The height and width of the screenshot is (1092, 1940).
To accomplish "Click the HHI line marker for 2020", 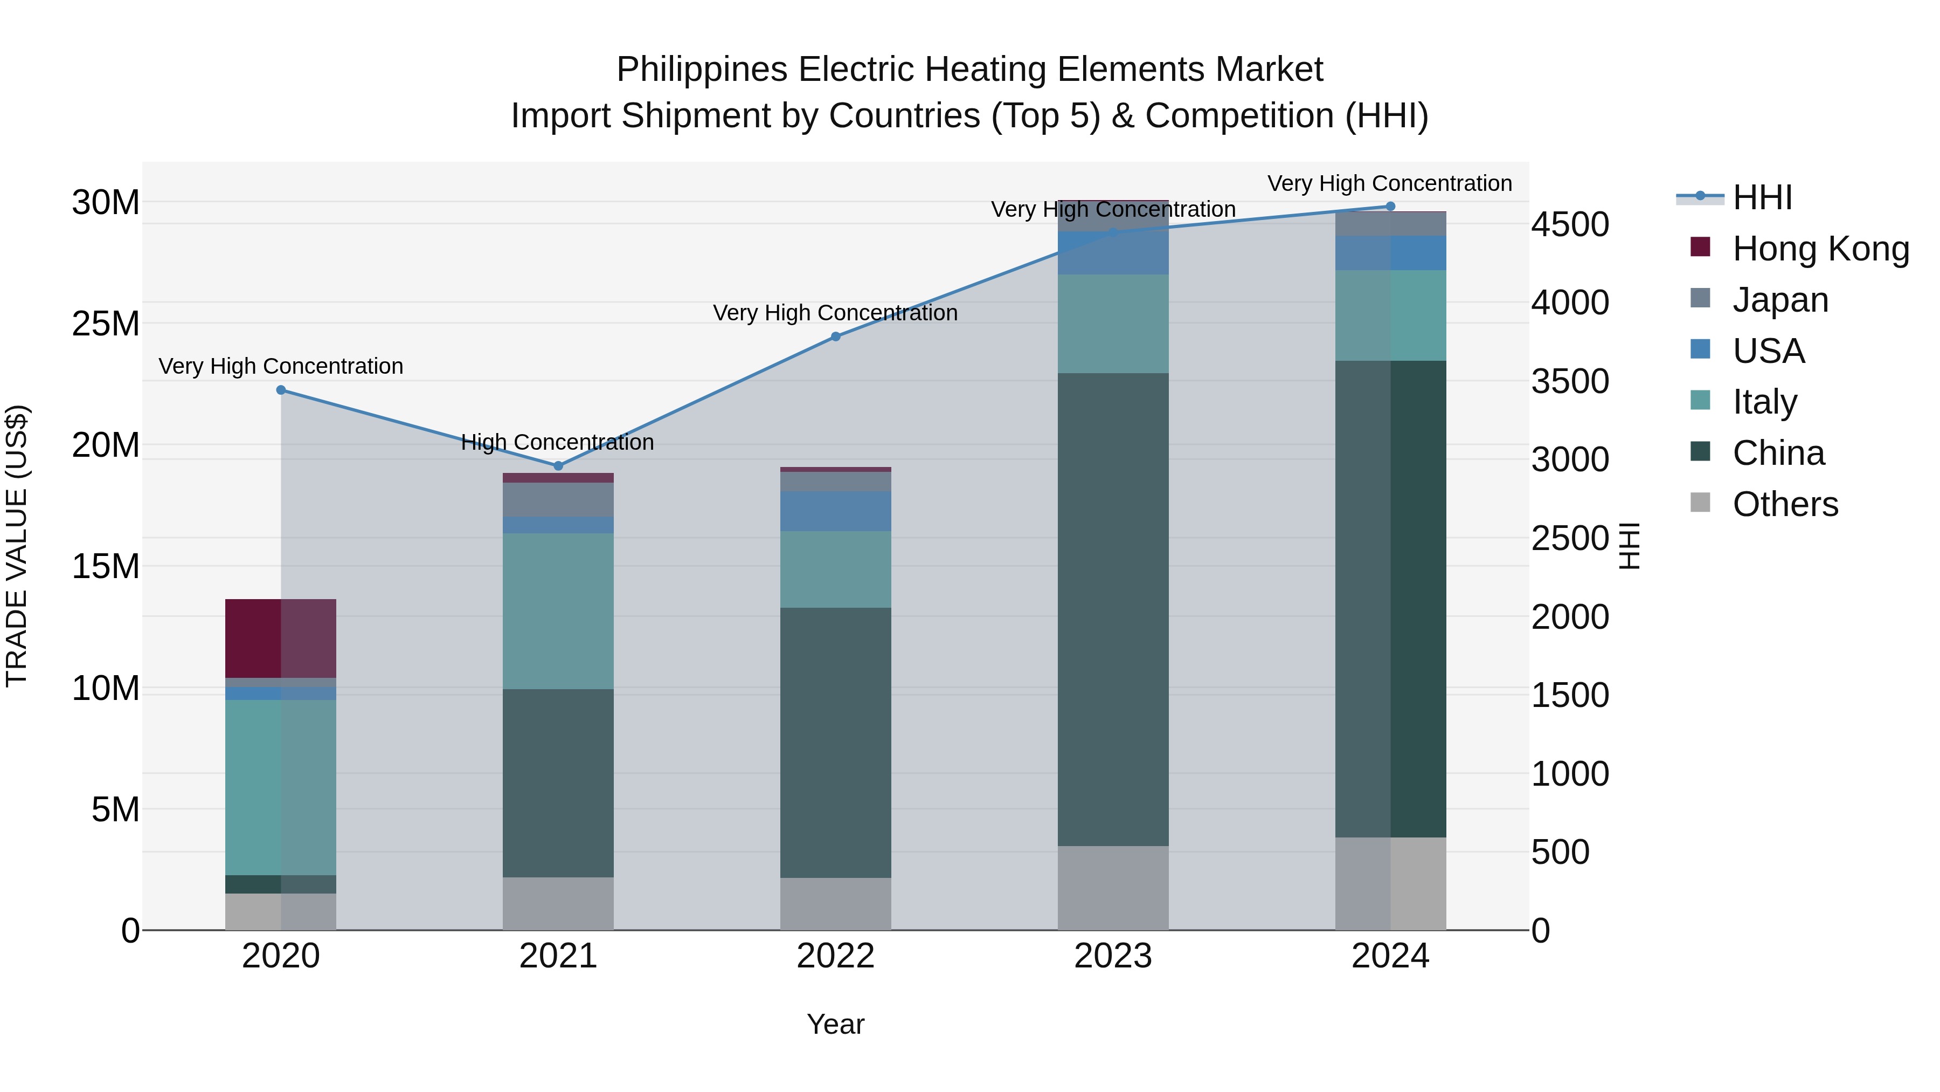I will [x=281, y=390].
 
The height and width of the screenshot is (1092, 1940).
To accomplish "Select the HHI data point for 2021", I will [x=558, y=466].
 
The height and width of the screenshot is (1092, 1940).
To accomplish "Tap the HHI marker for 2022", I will [x=835, y=337].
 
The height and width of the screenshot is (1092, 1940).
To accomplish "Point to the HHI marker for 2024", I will [x=1390, y=207].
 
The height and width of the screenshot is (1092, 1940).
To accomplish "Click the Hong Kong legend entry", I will [x=1820, y=249].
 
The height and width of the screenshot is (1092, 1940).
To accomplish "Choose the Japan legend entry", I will [x=1780, y=299].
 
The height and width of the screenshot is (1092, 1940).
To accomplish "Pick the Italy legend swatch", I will [x=1701, y=400].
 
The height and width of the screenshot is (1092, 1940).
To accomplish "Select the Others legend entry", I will [x=1785, y=504].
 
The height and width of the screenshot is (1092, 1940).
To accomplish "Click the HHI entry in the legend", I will [x=1762, y=197].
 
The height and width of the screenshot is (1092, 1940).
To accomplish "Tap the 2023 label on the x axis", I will [x=1113, y=956].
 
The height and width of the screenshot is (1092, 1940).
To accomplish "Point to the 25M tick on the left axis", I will [x=106, y=324].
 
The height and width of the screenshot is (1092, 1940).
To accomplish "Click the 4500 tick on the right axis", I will [x=1570, y=224].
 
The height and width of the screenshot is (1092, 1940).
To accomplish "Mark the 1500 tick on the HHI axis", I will [x=1570, y=695].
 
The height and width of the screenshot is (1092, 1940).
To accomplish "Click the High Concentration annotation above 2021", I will [x=557, y=442].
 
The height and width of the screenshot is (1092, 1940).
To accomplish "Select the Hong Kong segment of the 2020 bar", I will [x=280, y=638].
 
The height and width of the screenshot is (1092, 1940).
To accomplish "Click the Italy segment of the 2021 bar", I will [x=558, y=610].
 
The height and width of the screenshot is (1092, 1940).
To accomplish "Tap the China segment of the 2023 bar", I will [x=1113, y=609].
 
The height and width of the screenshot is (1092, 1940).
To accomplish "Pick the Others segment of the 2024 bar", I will [x=1390, y=883].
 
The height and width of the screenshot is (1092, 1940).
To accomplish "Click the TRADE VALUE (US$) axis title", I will [x=17, y=546].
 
